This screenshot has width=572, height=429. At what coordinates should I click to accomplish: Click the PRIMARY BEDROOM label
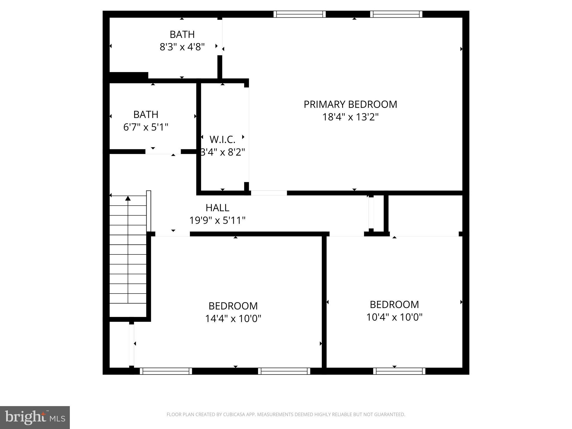350,104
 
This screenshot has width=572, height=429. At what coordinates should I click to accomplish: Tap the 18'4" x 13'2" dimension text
350,117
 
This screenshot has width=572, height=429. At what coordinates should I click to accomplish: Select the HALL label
217,208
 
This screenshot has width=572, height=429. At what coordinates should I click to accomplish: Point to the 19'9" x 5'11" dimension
217,221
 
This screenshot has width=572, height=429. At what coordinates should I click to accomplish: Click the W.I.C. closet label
222,139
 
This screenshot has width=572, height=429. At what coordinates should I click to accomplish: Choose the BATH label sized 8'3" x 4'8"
182,34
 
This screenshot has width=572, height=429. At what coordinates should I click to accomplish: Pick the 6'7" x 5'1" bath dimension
146,127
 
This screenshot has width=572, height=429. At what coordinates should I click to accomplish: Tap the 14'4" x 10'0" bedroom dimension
233,319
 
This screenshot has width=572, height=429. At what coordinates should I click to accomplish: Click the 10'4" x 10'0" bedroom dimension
394,317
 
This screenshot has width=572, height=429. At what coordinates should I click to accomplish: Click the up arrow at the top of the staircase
128,198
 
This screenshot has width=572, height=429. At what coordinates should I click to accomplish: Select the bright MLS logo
35,417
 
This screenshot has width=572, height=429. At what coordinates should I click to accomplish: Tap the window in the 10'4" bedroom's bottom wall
399,371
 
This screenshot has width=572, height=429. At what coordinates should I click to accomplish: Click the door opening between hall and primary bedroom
269,193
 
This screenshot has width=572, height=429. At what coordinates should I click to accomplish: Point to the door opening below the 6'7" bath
163,152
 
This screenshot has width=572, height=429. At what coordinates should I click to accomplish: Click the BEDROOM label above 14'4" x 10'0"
233,306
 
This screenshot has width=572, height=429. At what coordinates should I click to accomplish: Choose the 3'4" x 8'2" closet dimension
223,152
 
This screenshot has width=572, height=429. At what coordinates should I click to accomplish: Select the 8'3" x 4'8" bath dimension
182,47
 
